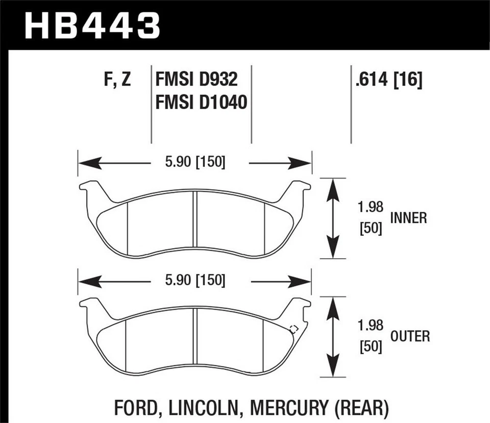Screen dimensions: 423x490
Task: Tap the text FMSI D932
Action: coord(196,80)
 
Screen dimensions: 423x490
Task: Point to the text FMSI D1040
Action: coord(201,103)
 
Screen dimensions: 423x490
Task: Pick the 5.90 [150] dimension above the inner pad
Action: coord(194,162)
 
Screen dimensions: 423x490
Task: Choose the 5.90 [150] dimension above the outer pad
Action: coord(194,280)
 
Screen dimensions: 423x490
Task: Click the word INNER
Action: coord(408,218)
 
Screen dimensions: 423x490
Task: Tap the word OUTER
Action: coord(410,336)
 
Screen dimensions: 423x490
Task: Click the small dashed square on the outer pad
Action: coord(293,329)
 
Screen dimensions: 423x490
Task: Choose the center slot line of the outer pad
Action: coord(194,339)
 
